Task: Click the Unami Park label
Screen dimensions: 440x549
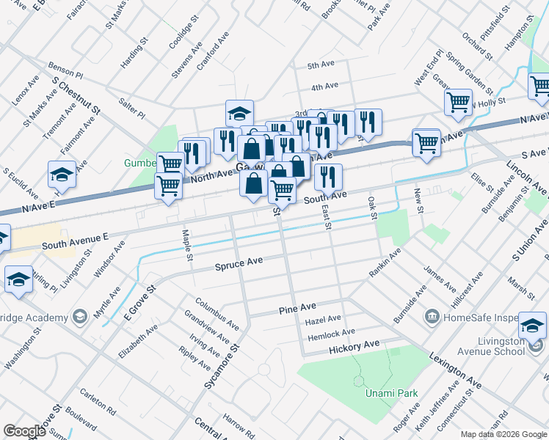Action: (x=391, y=394)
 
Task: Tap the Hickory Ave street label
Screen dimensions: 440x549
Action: (x=354, y=344)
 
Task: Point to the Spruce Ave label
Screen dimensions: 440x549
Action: (x=239, y=262)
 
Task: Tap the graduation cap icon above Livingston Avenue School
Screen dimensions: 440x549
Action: (x=532, y=325)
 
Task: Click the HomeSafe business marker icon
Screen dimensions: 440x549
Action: (x=432, y=317)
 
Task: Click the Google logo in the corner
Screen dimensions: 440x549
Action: (x=24, y=431)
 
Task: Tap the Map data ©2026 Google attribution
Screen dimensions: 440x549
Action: (x=503, y=434)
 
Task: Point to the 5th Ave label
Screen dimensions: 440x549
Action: (x=321, y=65)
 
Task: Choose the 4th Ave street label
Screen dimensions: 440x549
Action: (x=324, y=87)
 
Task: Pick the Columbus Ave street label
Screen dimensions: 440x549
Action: (x=217, y=312)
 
